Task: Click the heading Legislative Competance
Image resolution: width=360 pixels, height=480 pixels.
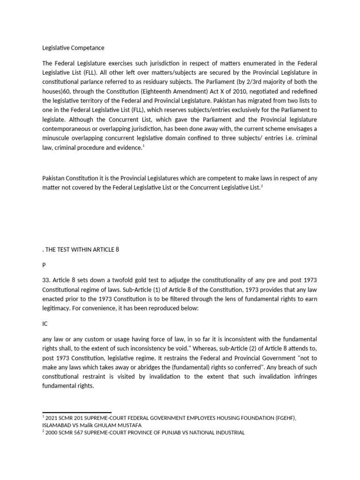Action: [x=73, y=48]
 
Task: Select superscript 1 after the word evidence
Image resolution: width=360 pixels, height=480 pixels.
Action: [x=143, y=146]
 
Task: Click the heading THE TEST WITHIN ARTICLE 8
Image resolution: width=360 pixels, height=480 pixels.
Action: [x=82, y=249]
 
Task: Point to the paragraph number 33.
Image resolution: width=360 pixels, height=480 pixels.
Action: [x=46, y=280]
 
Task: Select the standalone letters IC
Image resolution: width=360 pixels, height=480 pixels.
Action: [x=45, y=323]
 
